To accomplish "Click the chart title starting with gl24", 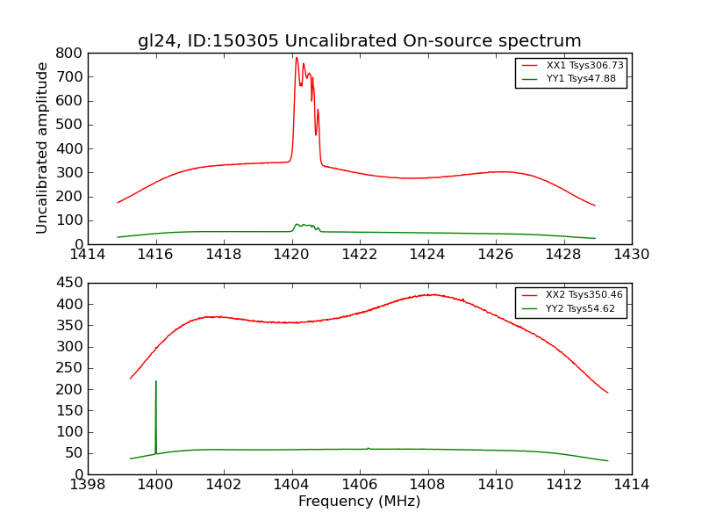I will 359,40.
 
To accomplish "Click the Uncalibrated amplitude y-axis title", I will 42,148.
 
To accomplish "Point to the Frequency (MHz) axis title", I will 359,502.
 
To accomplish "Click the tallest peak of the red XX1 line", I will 297,58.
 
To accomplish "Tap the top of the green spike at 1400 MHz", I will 156,381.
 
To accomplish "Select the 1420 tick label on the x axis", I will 291,255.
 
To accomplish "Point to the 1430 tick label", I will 631,255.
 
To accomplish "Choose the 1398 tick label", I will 88,485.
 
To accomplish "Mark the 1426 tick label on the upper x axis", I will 495,255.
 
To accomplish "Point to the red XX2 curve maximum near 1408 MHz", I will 431,294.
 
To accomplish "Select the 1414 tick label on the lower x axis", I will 631,485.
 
